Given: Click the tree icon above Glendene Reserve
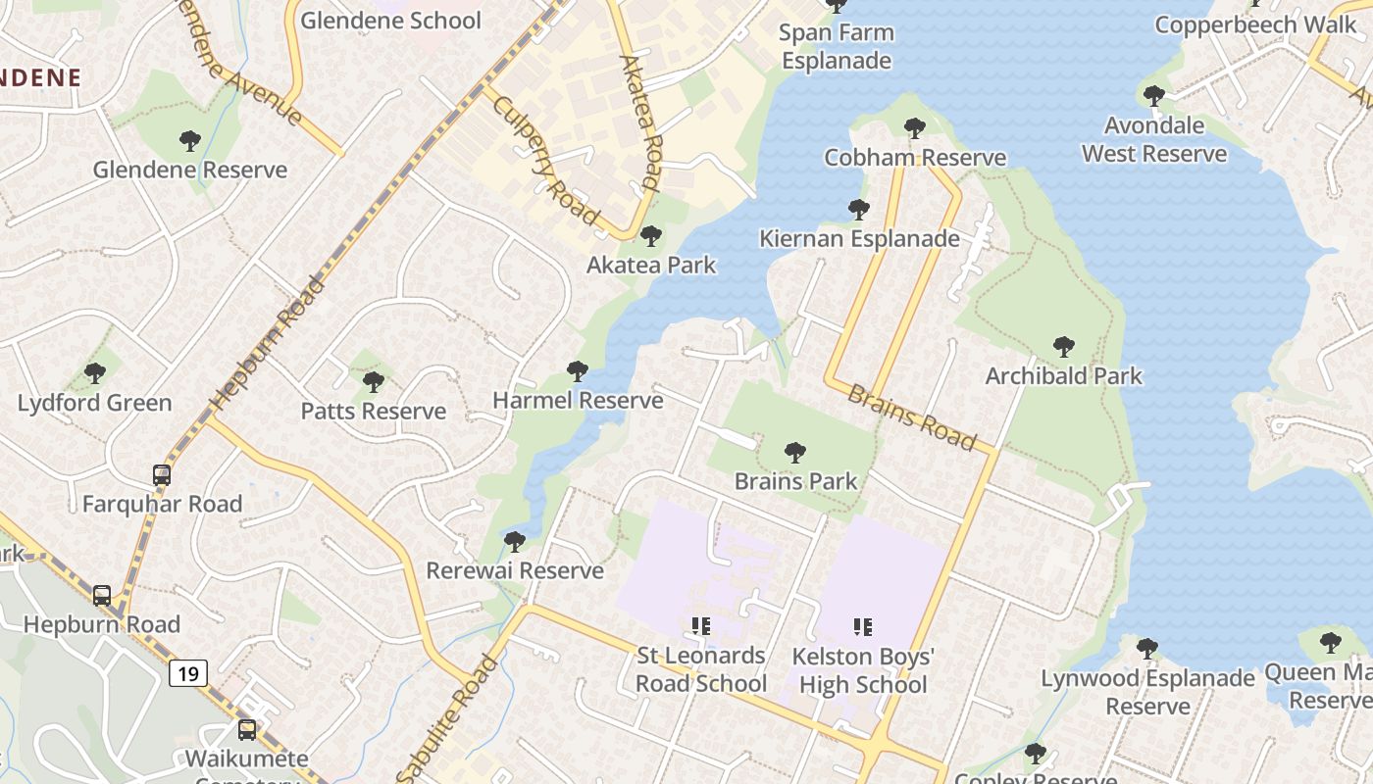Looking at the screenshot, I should tap(190, 141).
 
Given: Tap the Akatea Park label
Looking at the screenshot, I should tap(651, 265).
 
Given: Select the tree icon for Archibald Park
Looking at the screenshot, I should tap(1064, 347).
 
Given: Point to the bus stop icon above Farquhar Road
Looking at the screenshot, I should tap(162, 475).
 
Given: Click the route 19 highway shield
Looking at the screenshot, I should tap(187, 673).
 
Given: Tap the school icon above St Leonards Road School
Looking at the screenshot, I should tap(700, 625).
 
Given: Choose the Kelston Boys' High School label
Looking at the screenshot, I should tap(863, 670).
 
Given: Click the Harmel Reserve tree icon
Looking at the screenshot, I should tap(578, 371).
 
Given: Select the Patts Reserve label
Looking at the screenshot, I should tap(374, 411).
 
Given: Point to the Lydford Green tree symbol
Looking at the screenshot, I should tap(95, 373).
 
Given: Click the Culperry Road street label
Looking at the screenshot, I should tap(544, 160).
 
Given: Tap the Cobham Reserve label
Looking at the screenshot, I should tap(915, 157).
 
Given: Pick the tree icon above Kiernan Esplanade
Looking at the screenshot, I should tap(859, 210).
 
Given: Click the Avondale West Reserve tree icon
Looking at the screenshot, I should tap(1154, 96).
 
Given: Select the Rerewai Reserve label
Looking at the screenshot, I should tap(515, 570).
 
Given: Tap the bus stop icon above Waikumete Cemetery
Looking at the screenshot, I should tap(247, 729).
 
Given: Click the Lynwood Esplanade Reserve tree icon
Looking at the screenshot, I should tap(1147, 649).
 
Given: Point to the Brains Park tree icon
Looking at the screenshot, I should tap(795, 453).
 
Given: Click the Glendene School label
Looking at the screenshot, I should tap(390, 21).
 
